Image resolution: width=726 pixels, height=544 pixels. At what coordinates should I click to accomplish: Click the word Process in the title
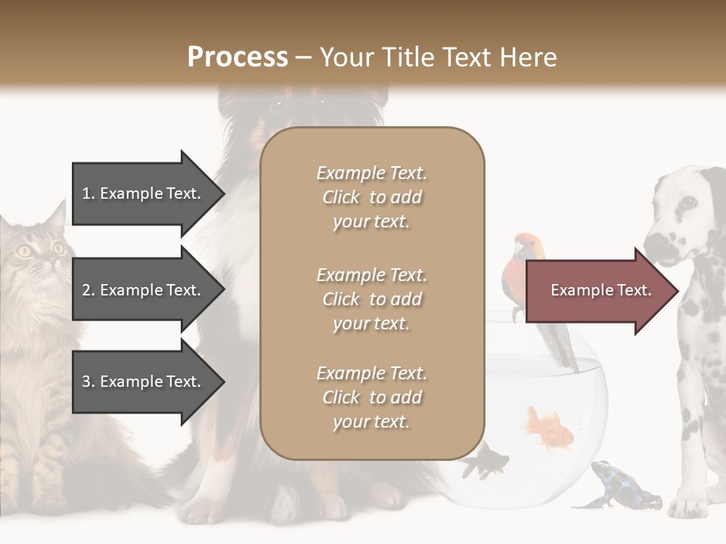coord(237,57)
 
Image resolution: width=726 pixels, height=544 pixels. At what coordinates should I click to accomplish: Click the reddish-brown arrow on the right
coord(600,291)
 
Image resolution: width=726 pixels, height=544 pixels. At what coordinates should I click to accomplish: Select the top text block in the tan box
coord(371,197)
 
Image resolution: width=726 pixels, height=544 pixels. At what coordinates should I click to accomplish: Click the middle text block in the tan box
coord(371,299)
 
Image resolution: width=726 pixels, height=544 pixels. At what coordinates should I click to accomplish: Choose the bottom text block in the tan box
coord(371,397)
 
